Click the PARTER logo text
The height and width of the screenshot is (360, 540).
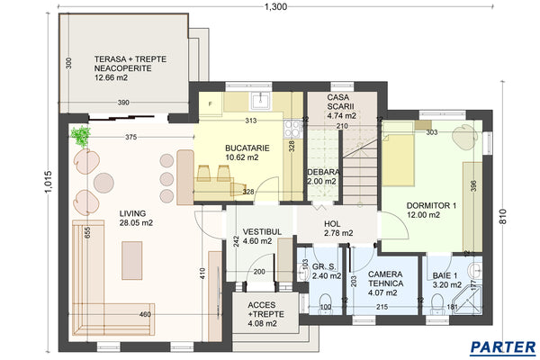pos(502,346)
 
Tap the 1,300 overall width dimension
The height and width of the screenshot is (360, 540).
pos(276,7)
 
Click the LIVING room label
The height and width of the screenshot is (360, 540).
pos(137,215)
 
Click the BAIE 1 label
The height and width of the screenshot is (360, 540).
pos(444,276)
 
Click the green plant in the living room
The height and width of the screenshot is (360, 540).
pos(82,136)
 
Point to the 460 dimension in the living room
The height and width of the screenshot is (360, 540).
pos(146,314)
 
